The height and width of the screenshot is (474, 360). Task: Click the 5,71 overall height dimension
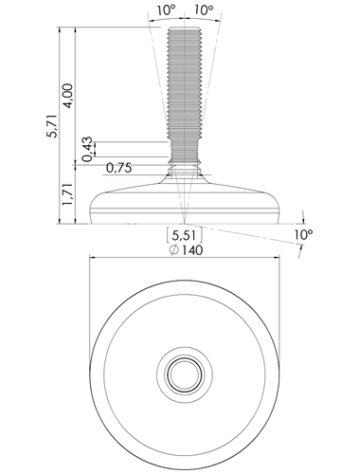click(x=52, y=125)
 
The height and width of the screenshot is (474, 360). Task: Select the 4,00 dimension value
click(x=68, y=96)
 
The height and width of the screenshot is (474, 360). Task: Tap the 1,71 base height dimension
click(x=67, y=195)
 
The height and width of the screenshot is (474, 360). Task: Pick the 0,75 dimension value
click(x=119, y=168)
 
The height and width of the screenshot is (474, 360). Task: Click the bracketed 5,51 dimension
click(x=185, y=235)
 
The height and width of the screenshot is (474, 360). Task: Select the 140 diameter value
click(x=191, y=250)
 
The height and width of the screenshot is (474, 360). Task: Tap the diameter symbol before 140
click(x=173, y=250)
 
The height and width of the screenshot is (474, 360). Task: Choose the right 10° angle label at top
click(x=204, y=10)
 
